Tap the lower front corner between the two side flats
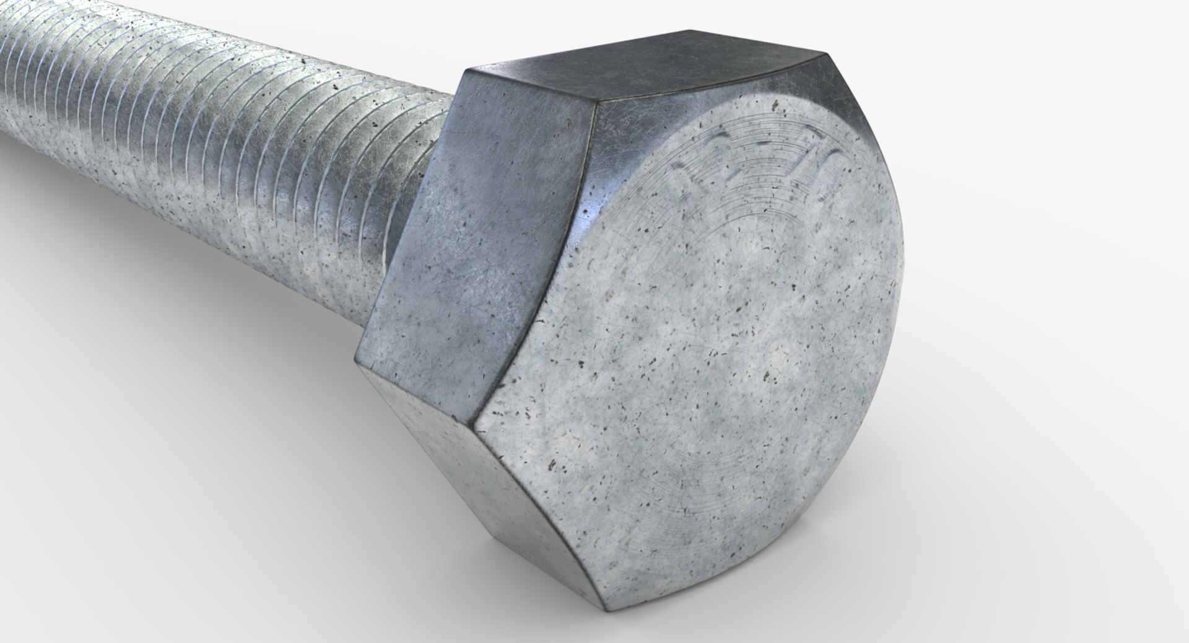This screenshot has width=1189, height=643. point(477,427)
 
